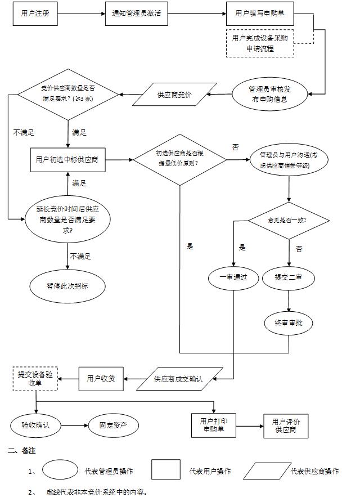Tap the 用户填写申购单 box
(259, 14)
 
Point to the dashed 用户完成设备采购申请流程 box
(259, 43)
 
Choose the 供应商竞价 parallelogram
(174, 95)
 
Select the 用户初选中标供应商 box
(67, 159)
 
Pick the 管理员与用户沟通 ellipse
(288, 160)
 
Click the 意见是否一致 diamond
(289, 219)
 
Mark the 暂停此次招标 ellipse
(67, 285)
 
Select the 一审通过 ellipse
(233, 277)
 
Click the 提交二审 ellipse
(289, 277)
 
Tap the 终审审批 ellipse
(289, 323)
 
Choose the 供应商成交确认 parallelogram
(178, 378)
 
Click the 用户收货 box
(101, 378)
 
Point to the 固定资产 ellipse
(113, 425)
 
